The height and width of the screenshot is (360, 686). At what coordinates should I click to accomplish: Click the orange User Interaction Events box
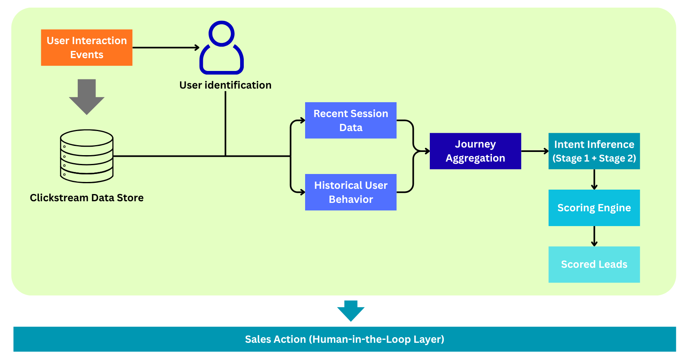point(87,47)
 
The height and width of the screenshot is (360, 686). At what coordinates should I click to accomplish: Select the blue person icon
point(221,48)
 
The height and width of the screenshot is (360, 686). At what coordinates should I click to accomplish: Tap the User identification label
point(225,85)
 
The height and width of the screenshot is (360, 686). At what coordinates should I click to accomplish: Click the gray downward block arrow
point(87,96)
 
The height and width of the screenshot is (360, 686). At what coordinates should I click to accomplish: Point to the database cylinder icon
point(87,156)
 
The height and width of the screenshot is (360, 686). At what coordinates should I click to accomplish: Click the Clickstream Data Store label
point(87,198)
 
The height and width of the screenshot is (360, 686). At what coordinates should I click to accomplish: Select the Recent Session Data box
point(350,120)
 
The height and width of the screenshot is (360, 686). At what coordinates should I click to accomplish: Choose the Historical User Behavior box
point(350,192)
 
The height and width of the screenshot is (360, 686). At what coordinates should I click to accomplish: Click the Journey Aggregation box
point(475,151)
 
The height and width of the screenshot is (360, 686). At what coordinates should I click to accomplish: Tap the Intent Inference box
point(594,151)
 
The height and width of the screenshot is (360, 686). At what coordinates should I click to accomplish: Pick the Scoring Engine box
point(594,208)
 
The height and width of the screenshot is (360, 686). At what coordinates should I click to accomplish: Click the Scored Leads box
point(594,264)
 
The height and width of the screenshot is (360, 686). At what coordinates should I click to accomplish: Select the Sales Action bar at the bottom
point(344,339)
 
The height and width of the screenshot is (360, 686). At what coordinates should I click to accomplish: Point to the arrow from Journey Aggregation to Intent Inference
point(534,151)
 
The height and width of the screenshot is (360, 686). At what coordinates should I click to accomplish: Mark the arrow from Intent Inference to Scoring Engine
point(594,179)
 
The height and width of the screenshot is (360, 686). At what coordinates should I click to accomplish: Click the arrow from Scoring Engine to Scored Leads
point(594,236)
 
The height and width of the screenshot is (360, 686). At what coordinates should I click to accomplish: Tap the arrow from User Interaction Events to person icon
point(166,48)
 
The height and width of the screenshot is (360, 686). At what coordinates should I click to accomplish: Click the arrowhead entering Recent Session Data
point(302,120)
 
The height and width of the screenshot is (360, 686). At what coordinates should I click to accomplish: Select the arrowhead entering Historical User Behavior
point(302,192)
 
